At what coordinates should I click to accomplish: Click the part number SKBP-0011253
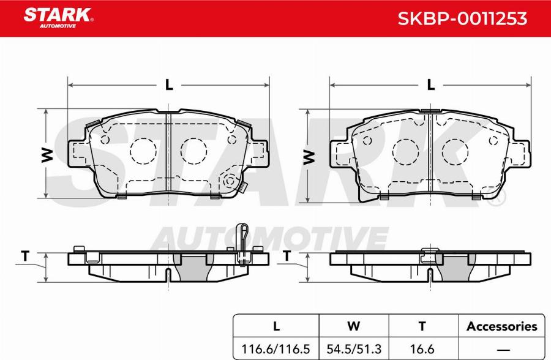[463, 19]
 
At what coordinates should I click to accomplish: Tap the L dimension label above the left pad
[169, 85]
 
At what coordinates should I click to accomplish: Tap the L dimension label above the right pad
[431, 85]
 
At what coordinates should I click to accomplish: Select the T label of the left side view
[25, 257]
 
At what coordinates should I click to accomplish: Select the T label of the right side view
[287, 257]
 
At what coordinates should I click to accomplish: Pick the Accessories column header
[501, 326]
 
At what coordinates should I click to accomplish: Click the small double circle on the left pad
[230, 181]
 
